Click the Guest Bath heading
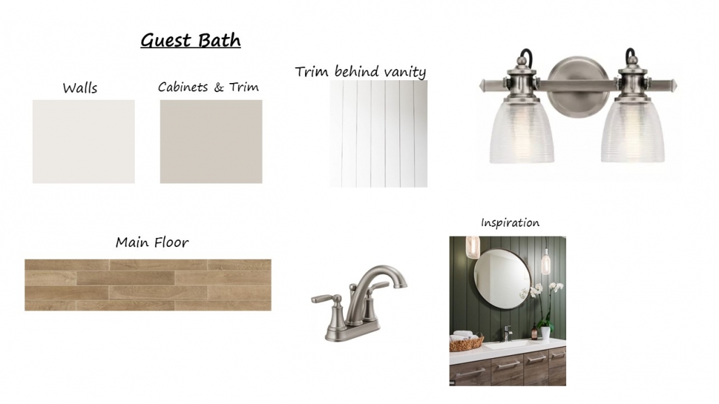click(191, 40)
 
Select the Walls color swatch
click(84, 142)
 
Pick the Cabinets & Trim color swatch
click(211, 142)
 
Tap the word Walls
click(80, 88)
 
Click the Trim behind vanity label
click(360, 72)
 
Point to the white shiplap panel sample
click(378, 134)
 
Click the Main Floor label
click(151, 242)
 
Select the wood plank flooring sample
click(148, 285)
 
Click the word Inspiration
click(510, 223)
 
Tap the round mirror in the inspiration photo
click(503, 275)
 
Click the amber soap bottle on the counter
click(534, 331)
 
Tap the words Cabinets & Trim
click(208, 87)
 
